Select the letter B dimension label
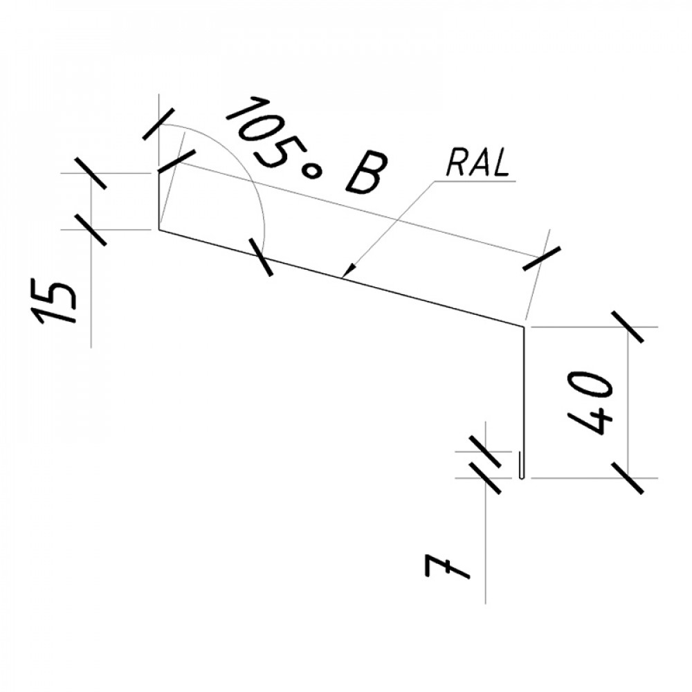(366, 173)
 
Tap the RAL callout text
(478, 163)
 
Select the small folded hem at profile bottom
(521, 466)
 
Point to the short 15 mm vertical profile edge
(159, 201)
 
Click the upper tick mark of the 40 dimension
(628, 327)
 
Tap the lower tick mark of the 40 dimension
(628, 478)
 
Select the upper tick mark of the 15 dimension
(91, 173)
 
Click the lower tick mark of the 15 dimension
(91, 230)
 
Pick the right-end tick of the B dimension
(542, 258)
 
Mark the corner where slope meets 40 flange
(524, 327)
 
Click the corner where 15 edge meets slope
(159, 230)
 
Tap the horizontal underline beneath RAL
(475, 181)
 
